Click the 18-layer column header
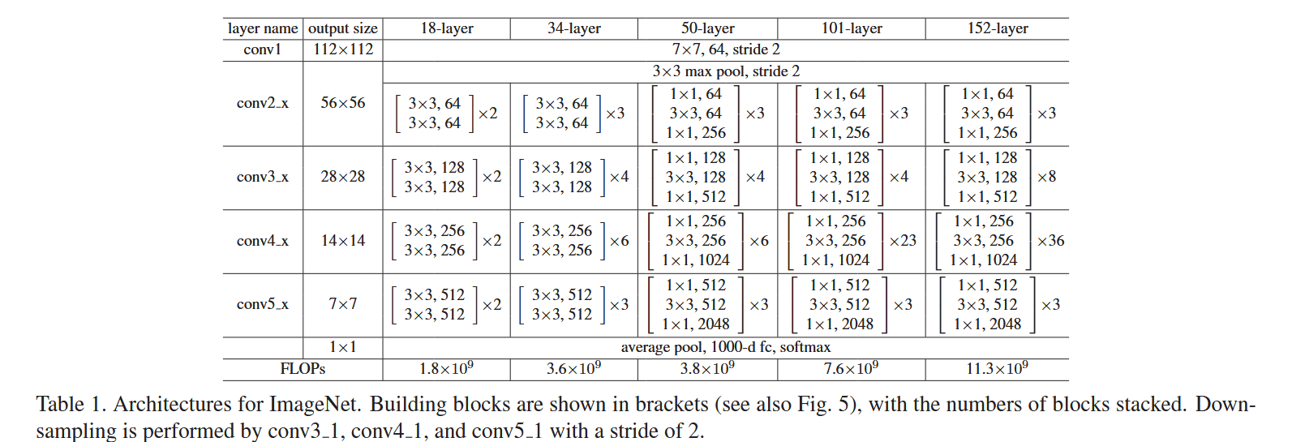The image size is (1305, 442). coord(446,28)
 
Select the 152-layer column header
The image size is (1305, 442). coord(997,28)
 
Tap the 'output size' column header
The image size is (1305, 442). coord(342,28)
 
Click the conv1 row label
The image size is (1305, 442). coord(262,49)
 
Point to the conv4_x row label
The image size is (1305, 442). coord(262,241)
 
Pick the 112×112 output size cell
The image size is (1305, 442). coord(343,49)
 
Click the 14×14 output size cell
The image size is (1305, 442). coord(343,241)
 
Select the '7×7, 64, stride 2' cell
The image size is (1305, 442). coord(725,49)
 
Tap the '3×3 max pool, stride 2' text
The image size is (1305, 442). coord(725,71)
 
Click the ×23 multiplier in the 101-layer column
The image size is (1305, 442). coord(902,241)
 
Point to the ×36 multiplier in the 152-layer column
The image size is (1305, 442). coord(1050,241)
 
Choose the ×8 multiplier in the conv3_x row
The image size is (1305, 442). coord(1046,177)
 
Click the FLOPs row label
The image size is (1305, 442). coord(303,369)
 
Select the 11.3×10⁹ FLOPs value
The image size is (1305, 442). coord(997,369)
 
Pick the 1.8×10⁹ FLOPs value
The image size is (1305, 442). coord(446,369)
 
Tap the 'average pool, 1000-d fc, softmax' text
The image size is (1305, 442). coord(725,347)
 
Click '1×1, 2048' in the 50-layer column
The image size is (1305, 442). coord(695,324)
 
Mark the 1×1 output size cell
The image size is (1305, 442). coord(343,347)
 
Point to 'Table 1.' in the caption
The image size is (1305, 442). coord(71,405)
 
